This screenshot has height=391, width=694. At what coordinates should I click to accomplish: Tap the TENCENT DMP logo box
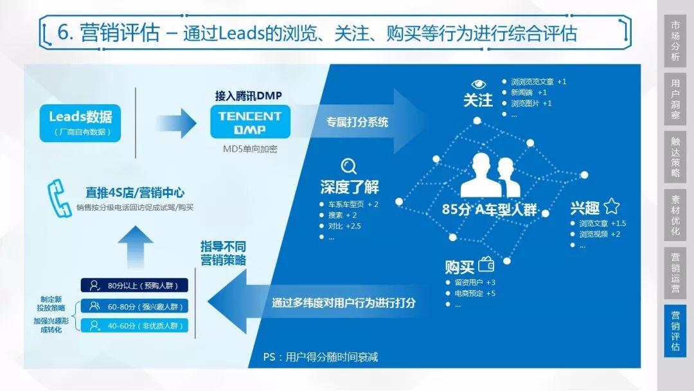point(249,122)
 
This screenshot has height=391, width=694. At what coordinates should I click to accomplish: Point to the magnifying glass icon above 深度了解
point(349,167)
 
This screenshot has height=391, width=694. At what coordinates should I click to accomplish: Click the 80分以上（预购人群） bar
point(134,286)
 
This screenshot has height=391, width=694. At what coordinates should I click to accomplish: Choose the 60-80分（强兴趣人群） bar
point(134,306)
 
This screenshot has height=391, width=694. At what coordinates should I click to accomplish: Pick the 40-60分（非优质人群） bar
point(134,325)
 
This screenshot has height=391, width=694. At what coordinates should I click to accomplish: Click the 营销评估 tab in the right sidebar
point(675,331)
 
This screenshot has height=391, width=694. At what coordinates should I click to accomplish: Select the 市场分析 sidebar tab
point(675,41)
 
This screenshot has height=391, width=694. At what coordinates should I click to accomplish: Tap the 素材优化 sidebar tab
point(675,214)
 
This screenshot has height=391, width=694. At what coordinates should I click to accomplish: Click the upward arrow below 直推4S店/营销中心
point(136,246)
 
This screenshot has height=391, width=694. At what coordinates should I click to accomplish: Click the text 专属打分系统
point(357,122)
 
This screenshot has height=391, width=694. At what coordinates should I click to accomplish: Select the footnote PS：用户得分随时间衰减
point(320,357)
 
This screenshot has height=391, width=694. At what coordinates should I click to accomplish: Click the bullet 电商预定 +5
point(475,293)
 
